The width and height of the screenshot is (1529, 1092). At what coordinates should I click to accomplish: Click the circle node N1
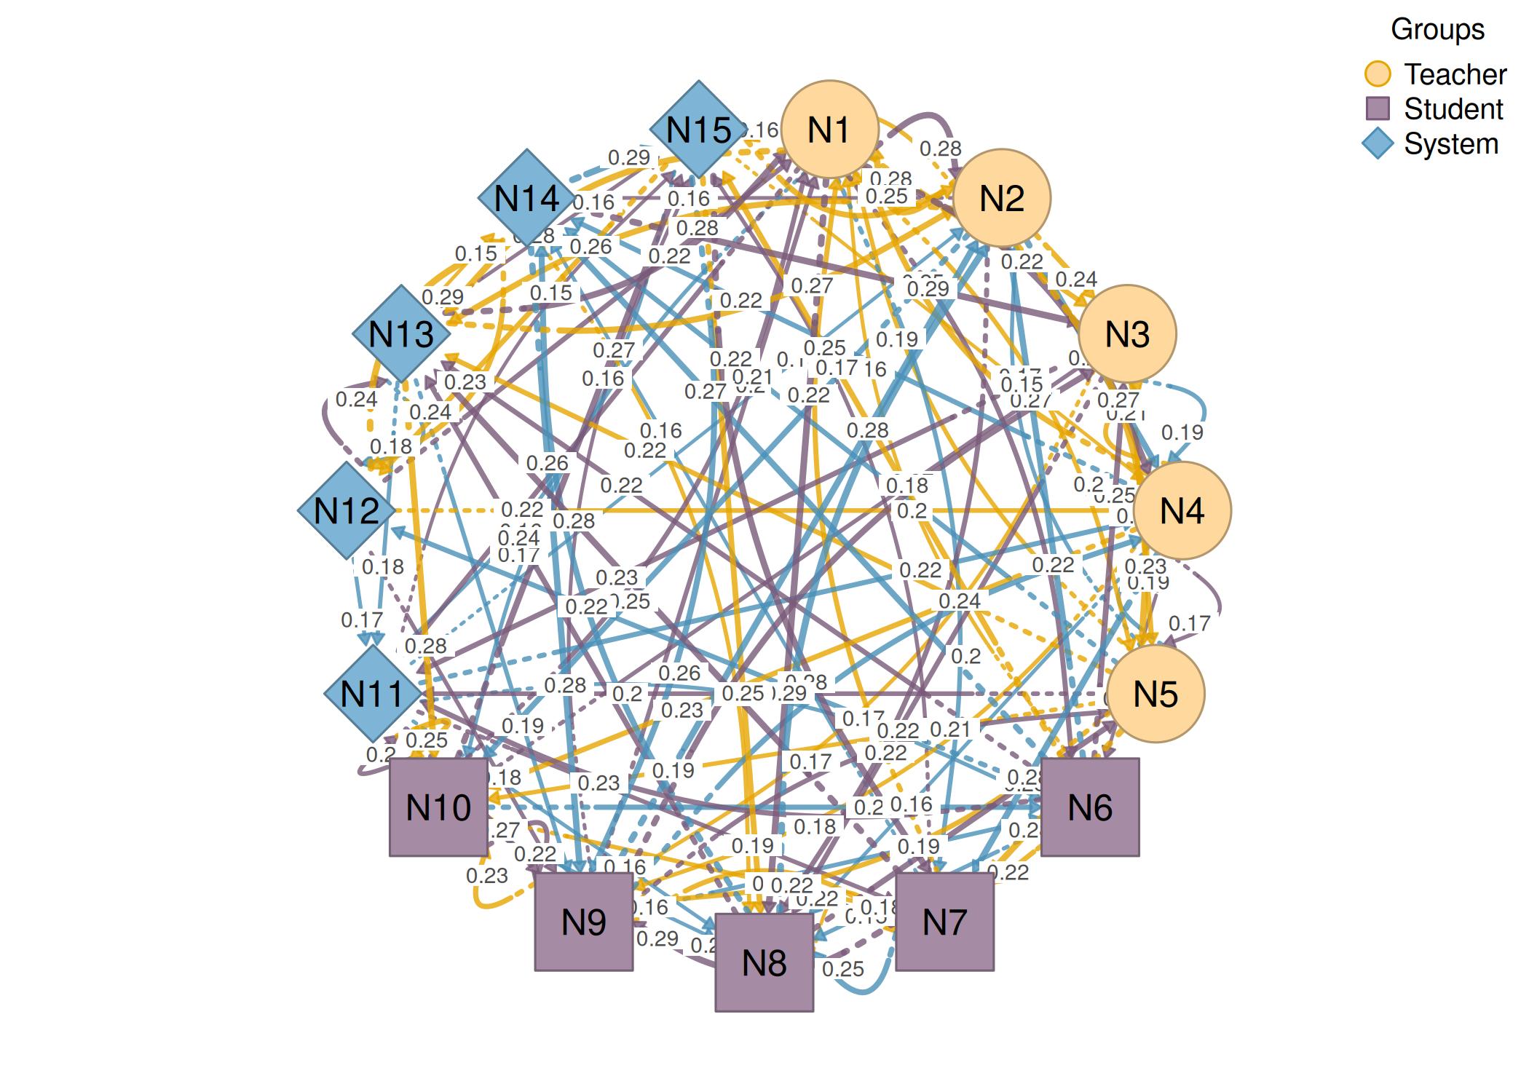click(829, 130)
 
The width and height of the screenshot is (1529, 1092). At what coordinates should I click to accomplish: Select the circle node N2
click(1002, 198)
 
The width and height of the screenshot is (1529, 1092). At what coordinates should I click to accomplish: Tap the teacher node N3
click(1127, 333)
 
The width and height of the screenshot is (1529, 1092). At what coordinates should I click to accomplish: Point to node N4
click(1182, 510)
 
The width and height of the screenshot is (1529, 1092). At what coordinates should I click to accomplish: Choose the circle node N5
click(1155, 694)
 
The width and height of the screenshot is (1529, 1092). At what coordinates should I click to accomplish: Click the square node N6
click(1090, 807)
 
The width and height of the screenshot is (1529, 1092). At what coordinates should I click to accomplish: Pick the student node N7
click(944, 922)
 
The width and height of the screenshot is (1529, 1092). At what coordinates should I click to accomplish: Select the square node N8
click(764, 962)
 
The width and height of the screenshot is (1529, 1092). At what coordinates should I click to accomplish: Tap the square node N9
click(584, 922)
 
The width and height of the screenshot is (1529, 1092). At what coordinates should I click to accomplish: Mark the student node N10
click(438, 807)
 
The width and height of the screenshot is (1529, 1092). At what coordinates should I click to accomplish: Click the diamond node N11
click(372, 694)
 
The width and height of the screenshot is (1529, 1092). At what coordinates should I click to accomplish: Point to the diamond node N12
click(347, 510)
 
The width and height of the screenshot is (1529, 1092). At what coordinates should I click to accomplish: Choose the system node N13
click(401, 333)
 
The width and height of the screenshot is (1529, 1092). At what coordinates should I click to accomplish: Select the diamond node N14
click(526, 198)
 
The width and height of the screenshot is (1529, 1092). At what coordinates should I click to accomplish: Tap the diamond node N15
click(699, 130)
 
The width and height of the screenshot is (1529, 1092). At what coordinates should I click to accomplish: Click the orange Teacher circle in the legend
click(1377, 74)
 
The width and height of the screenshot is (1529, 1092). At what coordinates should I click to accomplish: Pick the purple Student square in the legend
click(1377, 108)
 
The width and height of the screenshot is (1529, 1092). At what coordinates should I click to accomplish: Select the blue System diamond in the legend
click(1377, 143)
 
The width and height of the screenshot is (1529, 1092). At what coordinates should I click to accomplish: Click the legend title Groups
click(1437, 29)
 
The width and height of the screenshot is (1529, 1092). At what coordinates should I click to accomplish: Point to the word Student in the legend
click(1453, 108)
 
